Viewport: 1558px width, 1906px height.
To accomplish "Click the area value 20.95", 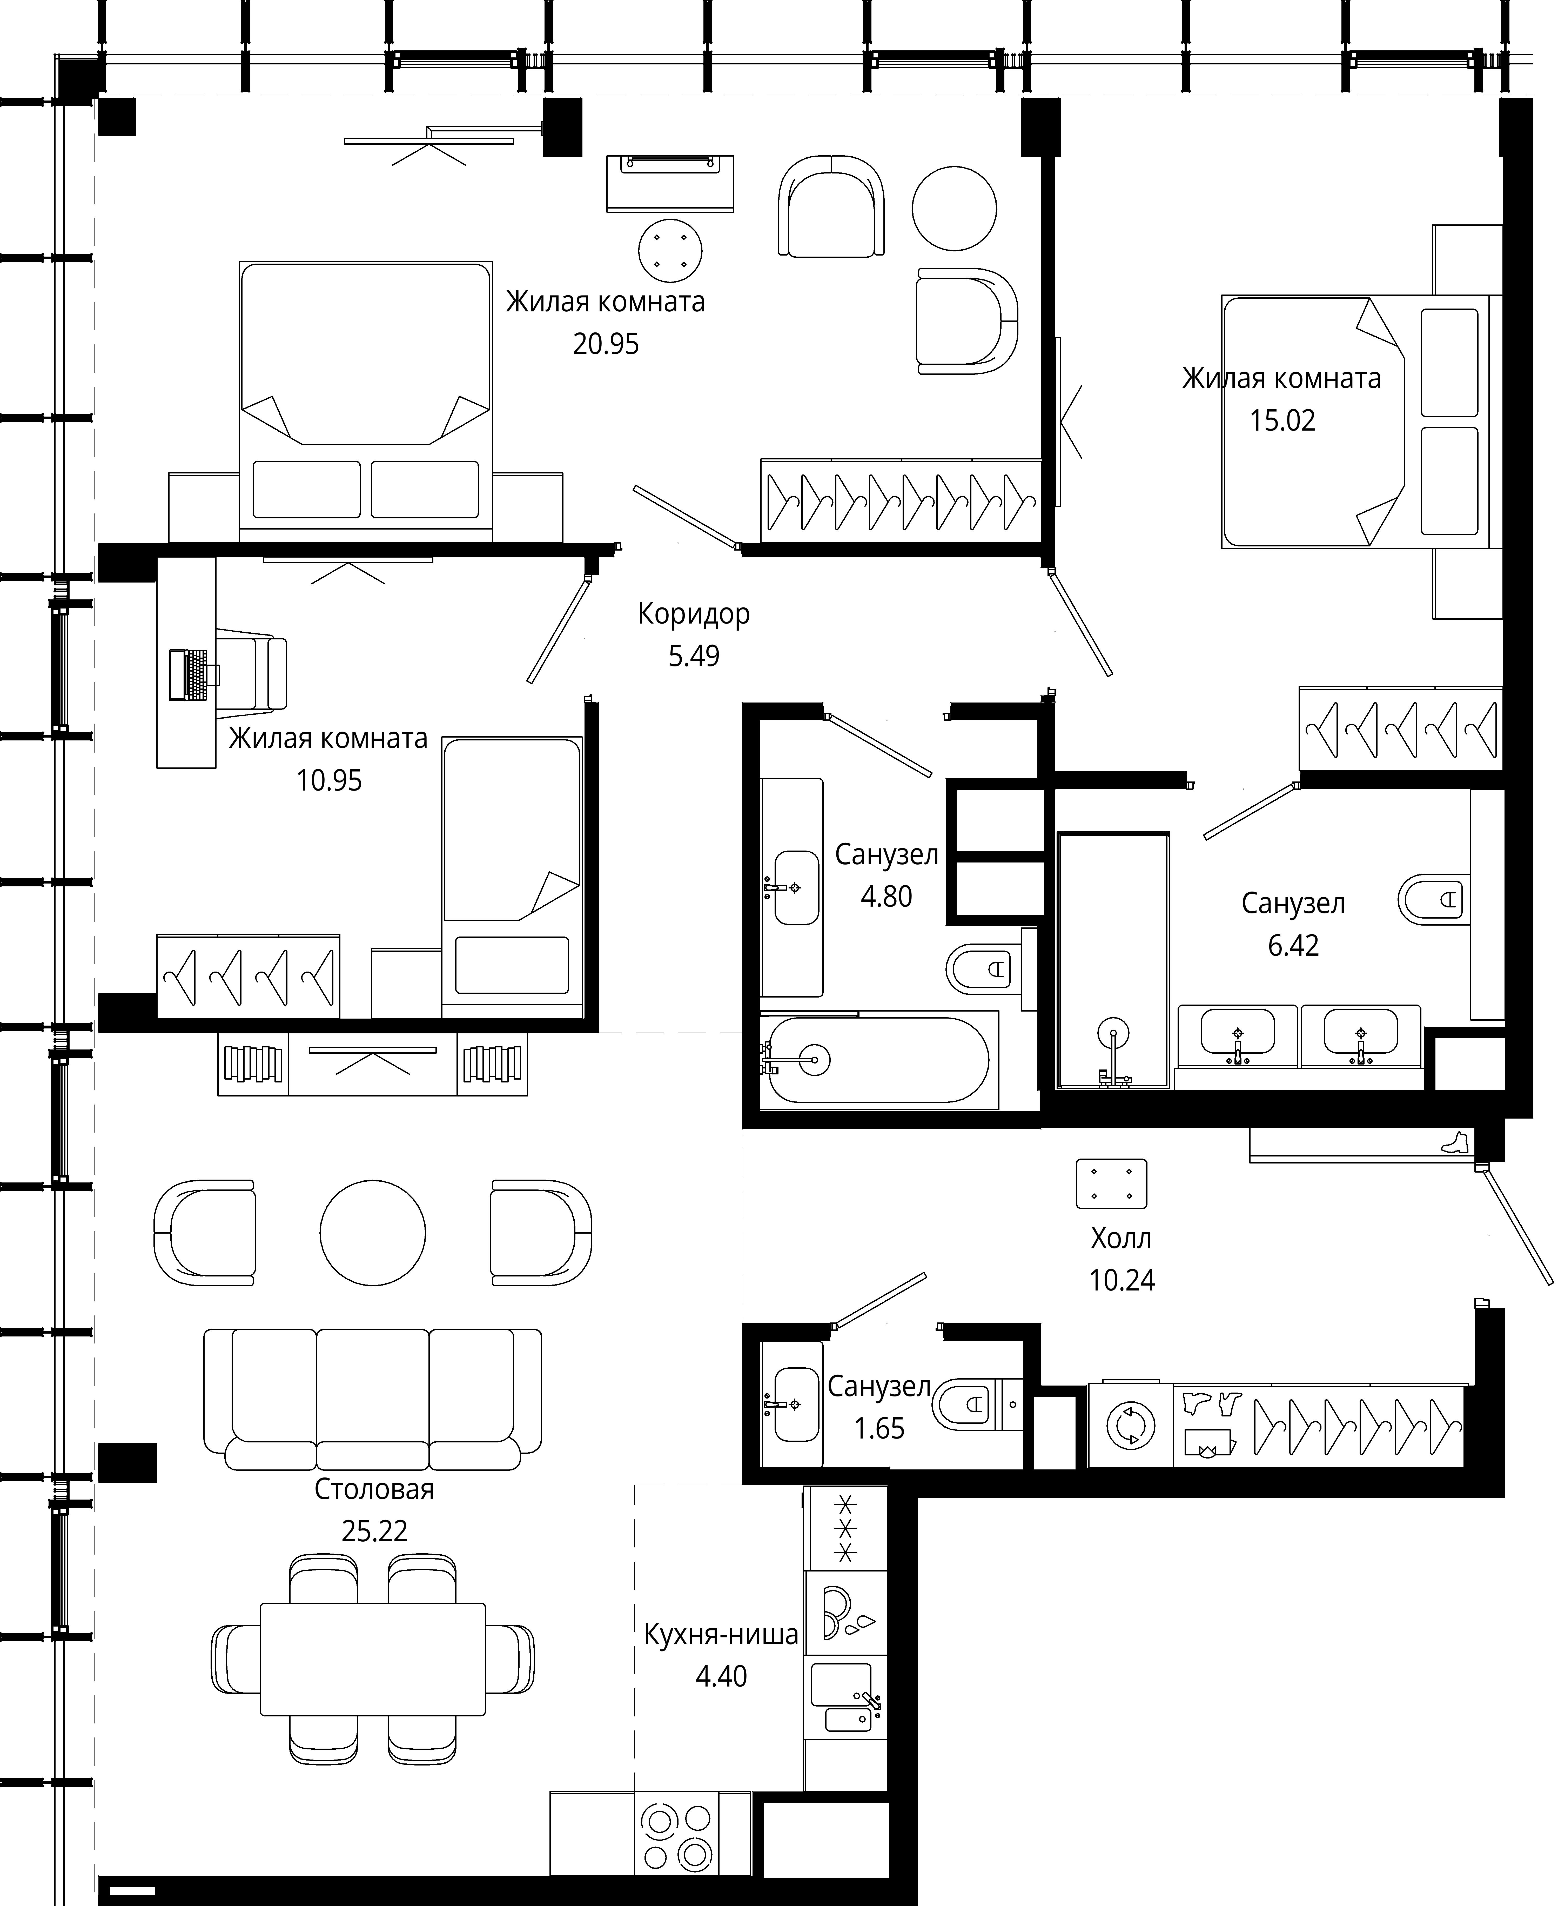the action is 606,344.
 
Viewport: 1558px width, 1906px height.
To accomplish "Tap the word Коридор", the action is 694,615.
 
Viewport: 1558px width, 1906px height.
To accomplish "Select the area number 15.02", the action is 1282,421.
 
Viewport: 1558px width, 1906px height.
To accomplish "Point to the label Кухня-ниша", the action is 721,1635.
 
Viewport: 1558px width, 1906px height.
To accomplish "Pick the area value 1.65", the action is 879,1429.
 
